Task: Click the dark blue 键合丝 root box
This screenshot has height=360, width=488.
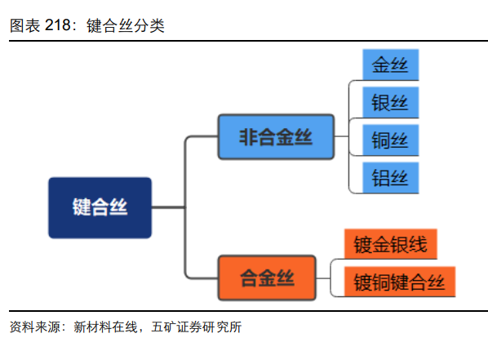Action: pyautogui.click(x=100, y=207)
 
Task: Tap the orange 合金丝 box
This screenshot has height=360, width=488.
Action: pyautogui.click(x=266, y=278)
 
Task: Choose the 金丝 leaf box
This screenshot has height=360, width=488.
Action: pyautogui.click(x=390, y=65)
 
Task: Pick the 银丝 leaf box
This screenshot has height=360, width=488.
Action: pyautogui.click(x=390, y=103)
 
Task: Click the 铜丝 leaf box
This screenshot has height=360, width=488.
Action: pyautogui.click(x=390, y=140)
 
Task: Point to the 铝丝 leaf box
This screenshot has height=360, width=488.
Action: pyautogui.click(x=390, y=178)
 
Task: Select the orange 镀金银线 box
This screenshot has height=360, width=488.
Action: pyautogui.click(x=391, y=244)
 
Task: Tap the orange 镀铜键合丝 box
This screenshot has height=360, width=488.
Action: pyautogui.click(x=399, y=282)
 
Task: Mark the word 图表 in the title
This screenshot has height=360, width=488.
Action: pyautogui.click(x=24, y=25)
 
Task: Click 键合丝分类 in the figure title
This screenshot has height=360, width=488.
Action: pyautogui.click(x=125, y=25)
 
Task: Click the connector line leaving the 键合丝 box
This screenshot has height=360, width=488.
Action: pyautogui.click(x=168, y=207)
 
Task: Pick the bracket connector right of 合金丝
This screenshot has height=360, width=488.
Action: pyautogui.click(x=330, y=278)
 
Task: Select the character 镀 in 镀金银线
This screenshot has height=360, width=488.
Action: pyautogui.click(x=362, y=244)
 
